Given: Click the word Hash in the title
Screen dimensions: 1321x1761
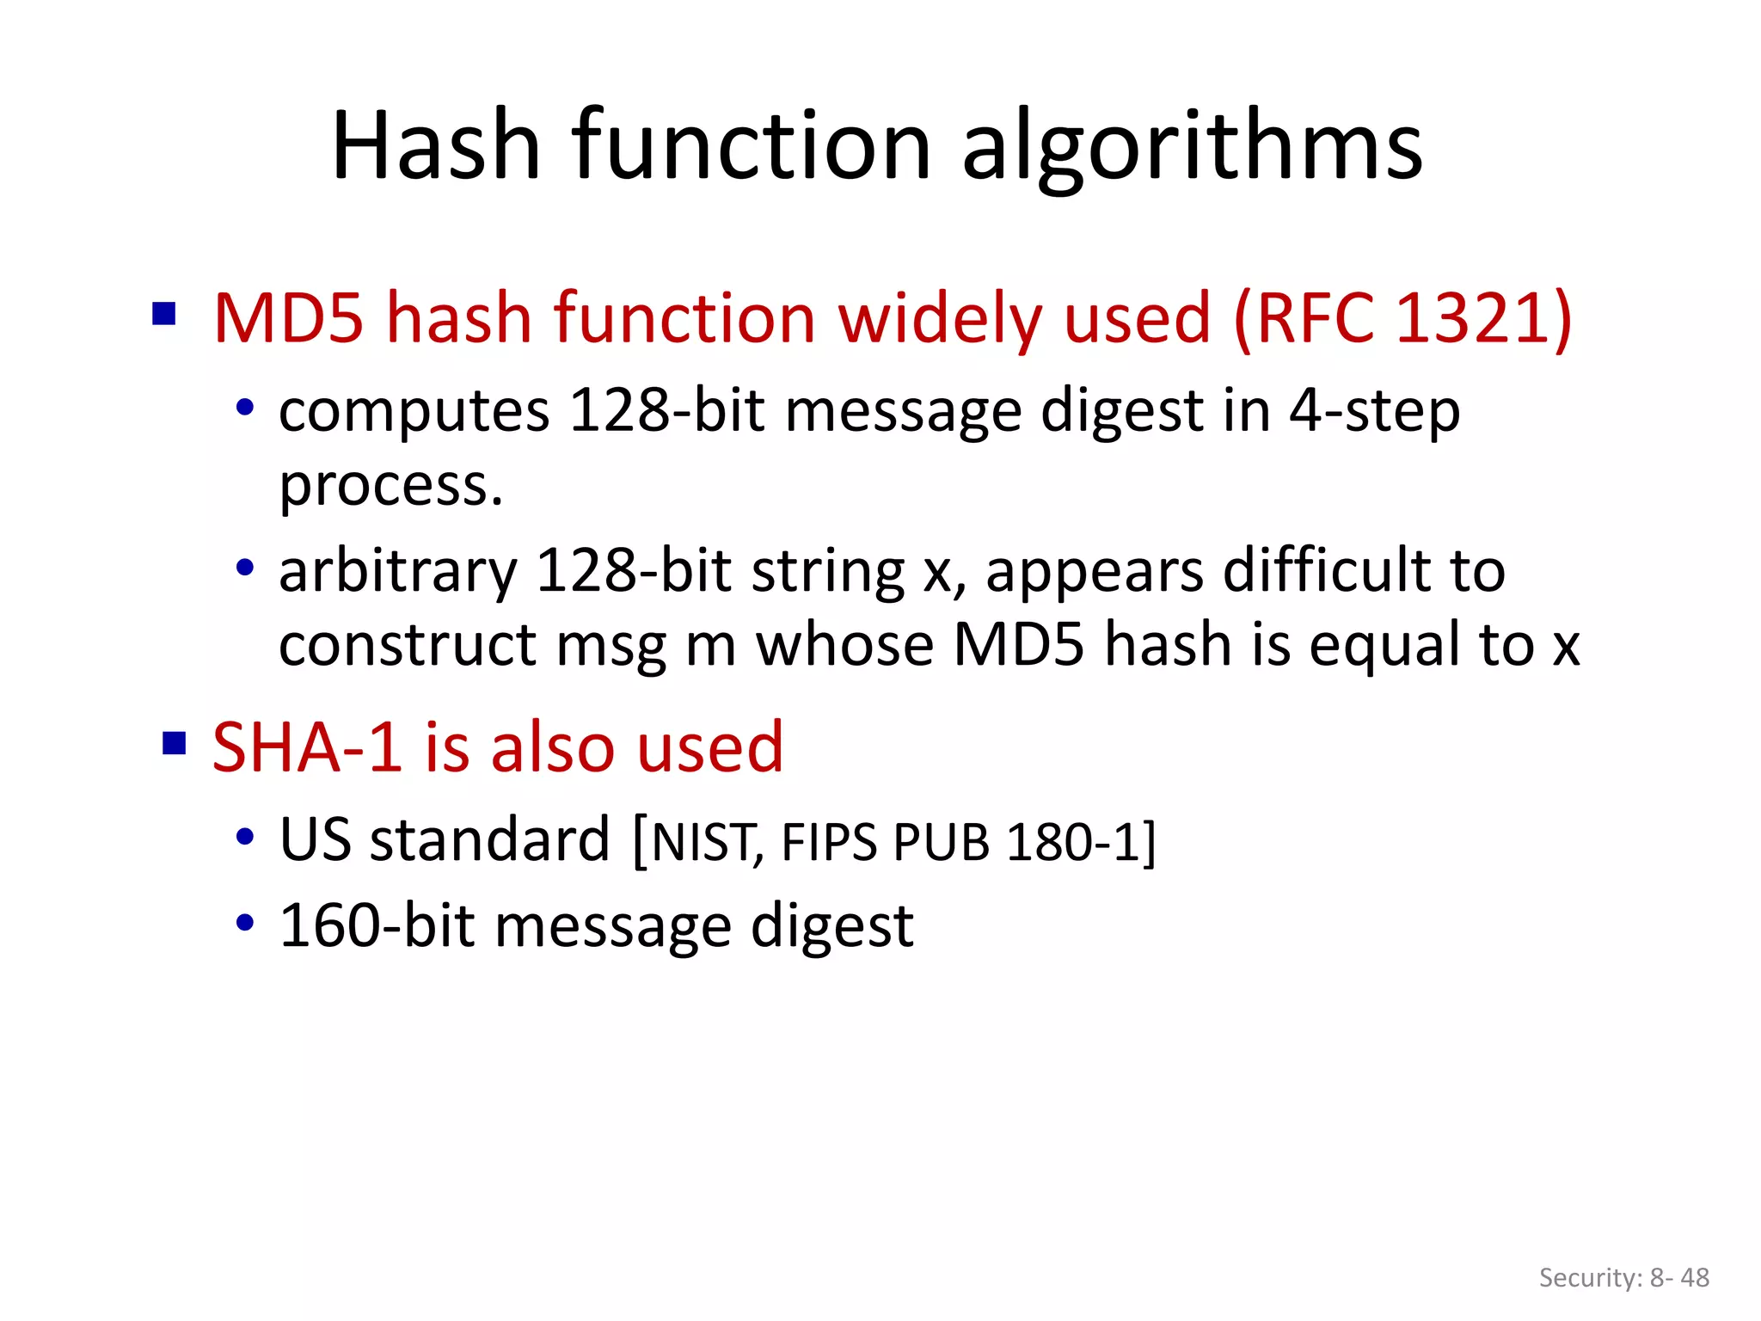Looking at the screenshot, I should coord(436,146).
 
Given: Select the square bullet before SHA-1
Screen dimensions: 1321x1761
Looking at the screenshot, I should coord(175,742).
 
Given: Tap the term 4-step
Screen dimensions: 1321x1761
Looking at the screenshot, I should coord(1373,411).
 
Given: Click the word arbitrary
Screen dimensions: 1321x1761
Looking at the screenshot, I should coord(398,573).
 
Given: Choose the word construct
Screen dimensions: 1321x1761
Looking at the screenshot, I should coord(408,645).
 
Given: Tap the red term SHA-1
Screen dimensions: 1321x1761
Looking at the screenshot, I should coord(307,747).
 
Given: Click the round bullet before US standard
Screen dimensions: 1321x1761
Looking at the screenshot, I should coord(245,837).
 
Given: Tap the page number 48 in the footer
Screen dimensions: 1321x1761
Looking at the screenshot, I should coord(1695,1278).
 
